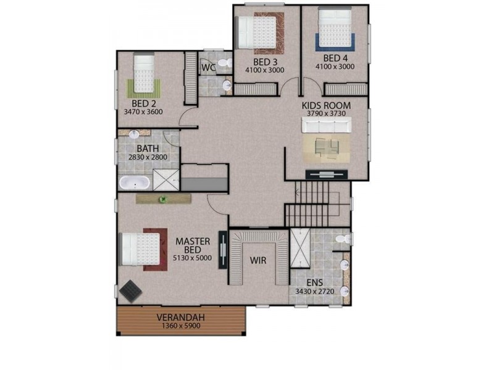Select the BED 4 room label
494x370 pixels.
point(334,59)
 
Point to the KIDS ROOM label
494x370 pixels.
point(326,105)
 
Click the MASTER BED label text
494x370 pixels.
point(193,245)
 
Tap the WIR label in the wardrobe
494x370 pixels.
point(258,261)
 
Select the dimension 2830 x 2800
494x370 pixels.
point(147,158)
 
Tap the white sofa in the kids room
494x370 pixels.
point(325,126)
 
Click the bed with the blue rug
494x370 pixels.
point(335,29)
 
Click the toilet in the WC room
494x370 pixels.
point(225,63)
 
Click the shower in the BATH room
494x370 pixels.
point(165,179)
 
